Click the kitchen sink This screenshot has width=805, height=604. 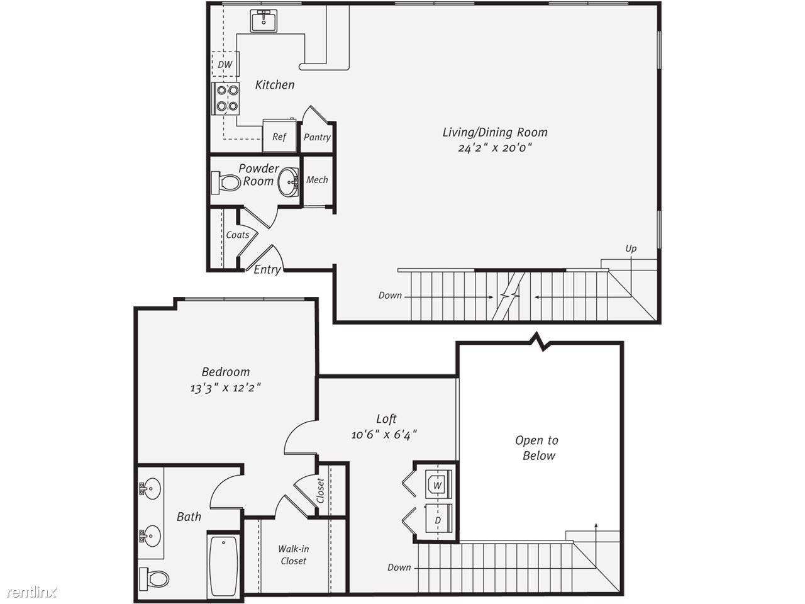point(264,21)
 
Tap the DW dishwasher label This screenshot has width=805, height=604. point(225,65)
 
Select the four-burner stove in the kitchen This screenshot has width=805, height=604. point(226,98)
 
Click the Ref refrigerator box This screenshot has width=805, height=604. point(279,135)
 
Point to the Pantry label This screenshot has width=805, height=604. point(317,137)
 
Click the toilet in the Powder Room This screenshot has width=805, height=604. point(226,182)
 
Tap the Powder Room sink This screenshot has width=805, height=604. point(288,181)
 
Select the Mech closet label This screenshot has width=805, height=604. point(317,180)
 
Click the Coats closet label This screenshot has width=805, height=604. point(238,235)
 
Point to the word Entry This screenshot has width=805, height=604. point(267,269)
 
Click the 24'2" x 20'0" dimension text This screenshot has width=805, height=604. point(495,148)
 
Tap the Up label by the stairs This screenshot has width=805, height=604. point(631,249)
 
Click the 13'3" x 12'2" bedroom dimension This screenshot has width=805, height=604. point(226,388)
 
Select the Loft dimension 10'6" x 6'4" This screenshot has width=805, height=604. point(384,435)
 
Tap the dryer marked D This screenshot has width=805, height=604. point(438,518)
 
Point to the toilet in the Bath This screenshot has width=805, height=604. point(155,579)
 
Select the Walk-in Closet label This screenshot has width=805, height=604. point(294,555)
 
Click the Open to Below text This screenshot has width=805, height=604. point(537,448)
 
